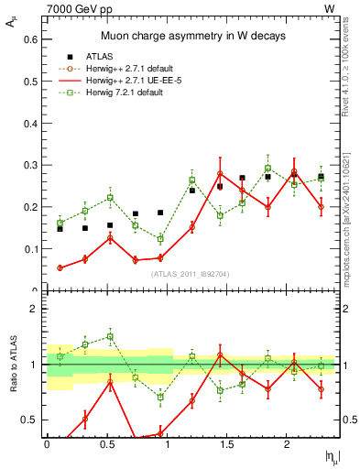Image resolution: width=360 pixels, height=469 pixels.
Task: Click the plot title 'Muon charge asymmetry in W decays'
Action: tap(192, 36)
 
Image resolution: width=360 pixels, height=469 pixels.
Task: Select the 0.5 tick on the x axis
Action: tap(107, 443)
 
